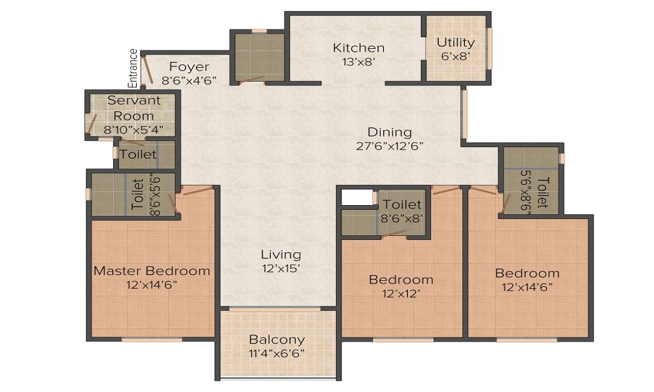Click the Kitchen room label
[358, 48]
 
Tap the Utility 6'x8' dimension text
[456, 56]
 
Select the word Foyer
[189, 67]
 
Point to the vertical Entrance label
[133, 68]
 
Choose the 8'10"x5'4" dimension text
[133, 129]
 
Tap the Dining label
[389, 132]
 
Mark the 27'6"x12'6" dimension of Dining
[389, 146]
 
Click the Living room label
[281, 254]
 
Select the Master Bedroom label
[152, 270]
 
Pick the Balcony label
[277, 340]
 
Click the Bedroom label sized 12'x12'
[401, 280]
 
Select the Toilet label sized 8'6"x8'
[402, 205]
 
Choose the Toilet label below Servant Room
[138, 155]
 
